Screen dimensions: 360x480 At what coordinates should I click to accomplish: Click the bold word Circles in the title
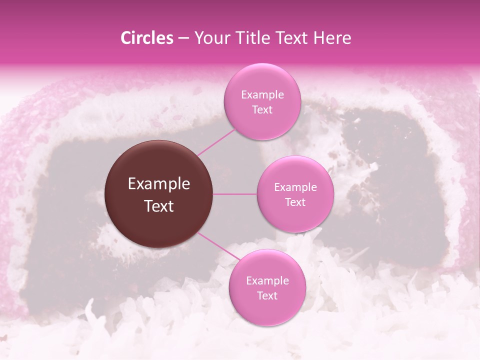[147, 38]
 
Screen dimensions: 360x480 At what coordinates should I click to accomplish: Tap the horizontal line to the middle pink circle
[235, 194]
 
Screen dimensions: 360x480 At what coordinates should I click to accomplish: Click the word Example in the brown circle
[159, 184]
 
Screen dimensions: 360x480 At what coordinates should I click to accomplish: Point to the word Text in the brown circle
[159, 206]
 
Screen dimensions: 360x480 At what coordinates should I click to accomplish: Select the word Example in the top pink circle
[262, 95]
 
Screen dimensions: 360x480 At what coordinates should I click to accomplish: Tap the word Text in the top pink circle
[262, 109]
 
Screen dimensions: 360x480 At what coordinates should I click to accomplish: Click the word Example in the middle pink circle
[295, 187]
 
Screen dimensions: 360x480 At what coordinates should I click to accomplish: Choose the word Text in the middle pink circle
[295, 202]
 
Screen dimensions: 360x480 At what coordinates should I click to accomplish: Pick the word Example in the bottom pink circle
[267, 281]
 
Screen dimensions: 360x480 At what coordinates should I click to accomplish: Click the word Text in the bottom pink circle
[267, 295]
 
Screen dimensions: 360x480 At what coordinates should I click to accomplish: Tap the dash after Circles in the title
[183, 38]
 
